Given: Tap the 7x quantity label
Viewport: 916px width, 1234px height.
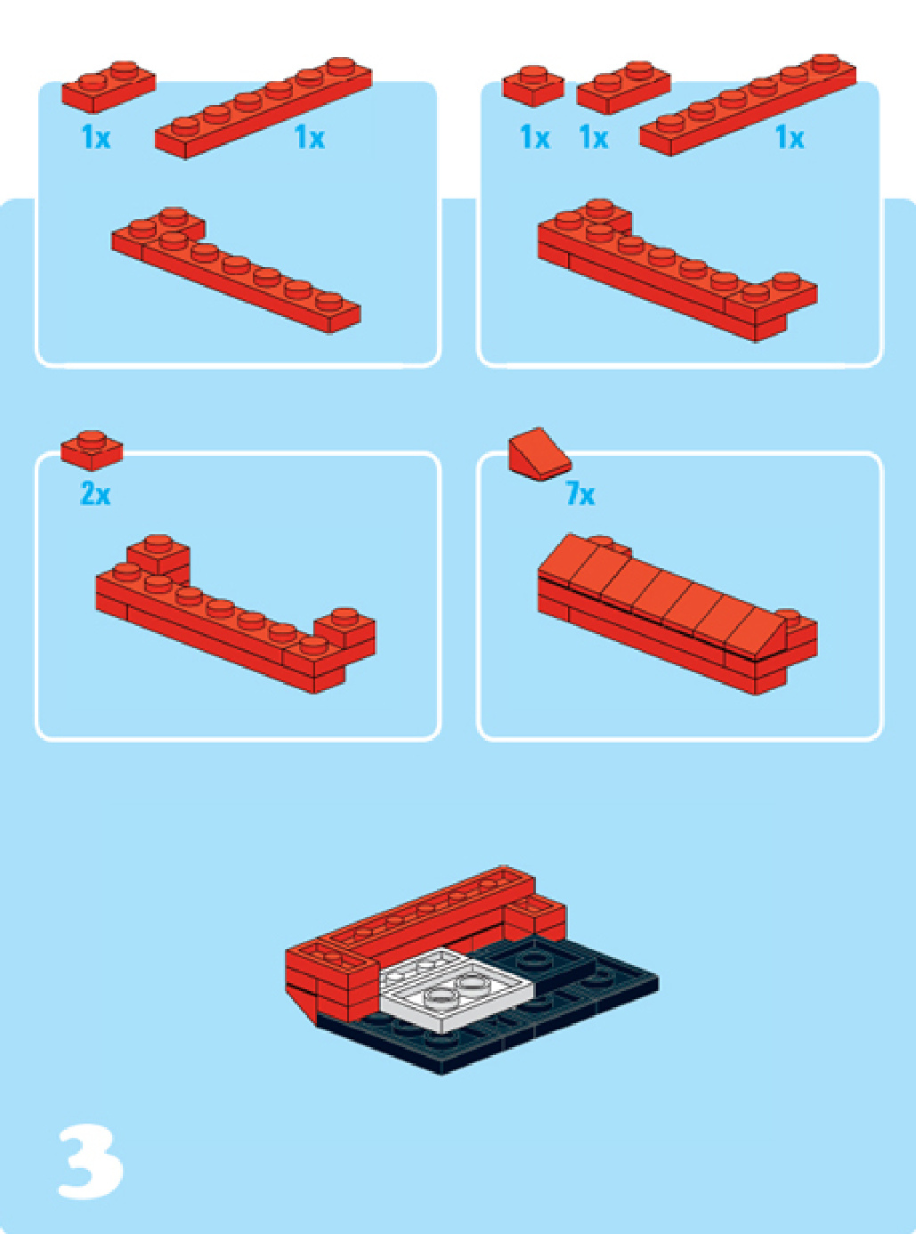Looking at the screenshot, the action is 580,493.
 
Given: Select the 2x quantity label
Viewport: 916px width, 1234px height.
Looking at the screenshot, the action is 95,493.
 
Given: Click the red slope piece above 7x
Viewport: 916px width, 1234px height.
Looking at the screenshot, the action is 539,454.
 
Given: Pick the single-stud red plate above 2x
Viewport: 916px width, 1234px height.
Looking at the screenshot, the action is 92,451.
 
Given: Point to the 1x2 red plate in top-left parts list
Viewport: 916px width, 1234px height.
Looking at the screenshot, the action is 109,86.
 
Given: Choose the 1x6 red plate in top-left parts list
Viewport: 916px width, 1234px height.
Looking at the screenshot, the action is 263,108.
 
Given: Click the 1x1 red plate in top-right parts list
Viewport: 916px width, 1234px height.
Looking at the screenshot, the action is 533,85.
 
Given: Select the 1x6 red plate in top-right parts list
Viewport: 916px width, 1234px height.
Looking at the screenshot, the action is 748,104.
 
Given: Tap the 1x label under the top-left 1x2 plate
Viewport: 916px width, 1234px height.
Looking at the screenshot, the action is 96,137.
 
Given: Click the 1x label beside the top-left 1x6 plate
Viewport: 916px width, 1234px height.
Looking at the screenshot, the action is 309,137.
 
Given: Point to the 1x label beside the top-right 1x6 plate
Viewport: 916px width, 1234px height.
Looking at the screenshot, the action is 790,137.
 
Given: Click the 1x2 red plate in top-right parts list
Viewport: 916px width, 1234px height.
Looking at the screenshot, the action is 623,87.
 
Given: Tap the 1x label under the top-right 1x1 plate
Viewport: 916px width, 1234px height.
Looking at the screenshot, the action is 535,137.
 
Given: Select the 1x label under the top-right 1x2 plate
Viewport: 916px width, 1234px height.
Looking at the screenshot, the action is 594,137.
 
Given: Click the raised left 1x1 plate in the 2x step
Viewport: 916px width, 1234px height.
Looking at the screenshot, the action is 158,556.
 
